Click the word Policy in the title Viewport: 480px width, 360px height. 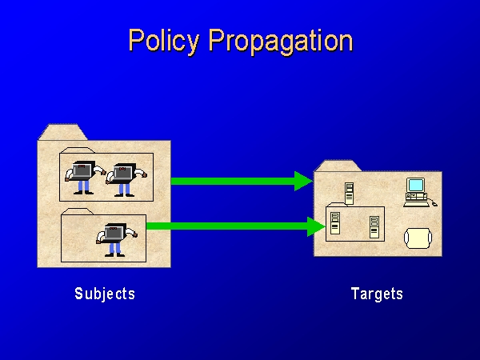tap(166, 41)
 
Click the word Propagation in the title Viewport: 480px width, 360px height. tap(279, 42)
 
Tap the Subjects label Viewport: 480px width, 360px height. tap(105, 294)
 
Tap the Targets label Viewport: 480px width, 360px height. tap(377, 294)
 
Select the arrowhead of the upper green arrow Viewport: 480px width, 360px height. tap(303, 181)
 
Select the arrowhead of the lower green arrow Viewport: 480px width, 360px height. tap(317, 227)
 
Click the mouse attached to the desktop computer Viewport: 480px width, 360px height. tap(434, 204)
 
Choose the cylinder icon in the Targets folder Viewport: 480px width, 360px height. tap(417, 238)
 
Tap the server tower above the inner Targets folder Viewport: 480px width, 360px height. tap(349, 193)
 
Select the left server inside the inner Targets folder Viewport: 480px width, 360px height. tap(334, 225)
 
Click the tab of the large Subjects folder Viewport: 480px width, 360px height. tap(64, 132)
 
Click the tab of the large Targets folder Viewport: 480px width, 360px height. tap(338, 166)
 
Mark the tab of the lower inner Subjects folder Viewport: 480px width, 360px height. tap(78, 212)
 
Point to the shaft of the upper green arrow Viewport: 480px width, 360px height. tap(232, 181)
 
